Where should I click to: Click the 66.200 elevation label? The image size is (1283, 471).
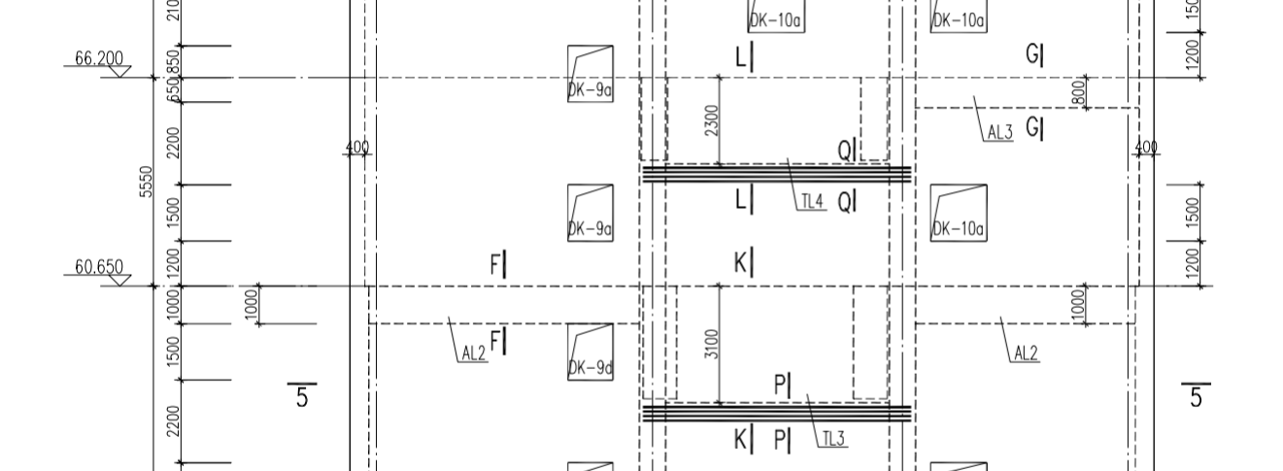[x=99, y=58]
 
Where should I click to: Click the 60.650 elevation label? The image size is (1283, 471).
[x=99, y=267]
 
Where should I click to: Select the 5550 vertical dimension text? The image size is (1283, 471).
[x=147, y=181]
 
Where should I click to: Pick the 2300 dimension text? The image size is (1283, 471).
[x=712, y=120]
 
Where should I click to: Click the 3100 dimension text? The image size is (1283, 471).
[x=712, y=345]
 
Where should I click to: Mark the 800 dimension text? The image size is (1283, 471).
[x=1078, y=93]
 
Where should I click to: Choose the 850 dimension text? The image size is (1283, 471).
[x=174, y=61]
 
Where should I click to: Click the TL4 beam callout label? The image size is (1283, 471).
[x=812, y=202]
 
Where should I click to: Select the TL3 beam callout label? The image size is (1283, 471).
[x=833, y=439]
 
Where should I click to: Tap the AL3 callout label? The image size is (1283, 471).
[x=999, y=133]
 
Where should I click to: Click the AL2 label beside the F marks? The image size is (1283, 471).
[x=473, y=353]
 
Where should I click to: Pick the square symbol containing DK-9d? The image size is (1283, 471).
[x=591, y=351]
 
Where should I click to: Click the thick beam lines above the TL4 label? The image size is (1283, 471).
[x=777, y=174]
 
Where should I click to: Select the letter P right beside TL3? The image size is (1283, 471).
[x=782, y=441]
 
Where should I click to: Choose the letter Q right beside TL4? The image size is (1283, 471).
[x=847, y=202]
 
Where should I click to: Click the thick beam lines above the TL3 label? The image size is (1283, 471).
[x=777, y=413]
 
